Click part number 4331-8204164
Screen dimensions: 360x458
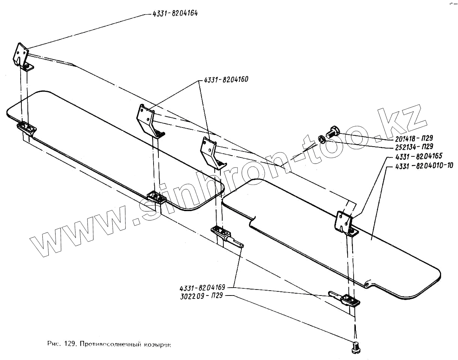[x=175, y=13]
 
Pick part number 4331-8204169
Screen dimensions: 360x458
[x=202, y=288]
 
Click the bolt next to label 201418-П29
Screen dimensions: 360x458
[x=333, y=132]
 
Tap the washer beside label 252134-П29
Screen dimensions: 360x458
[x=322, y=139]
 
